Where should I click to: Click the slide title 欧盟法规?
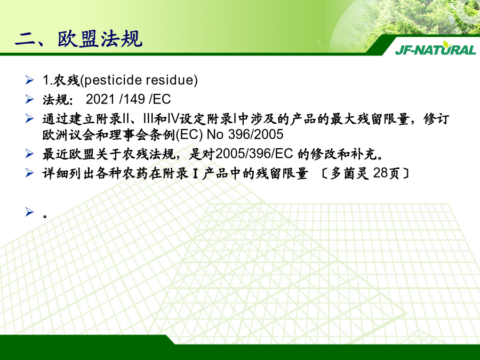click(100, 39)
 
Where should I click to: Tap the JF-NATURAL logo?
click(435, 49)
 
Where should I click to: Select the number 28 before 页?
click(381, 173)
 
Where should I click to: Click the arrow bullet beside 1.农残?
click(29, 80)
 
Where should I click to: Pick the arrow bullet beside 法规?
click(29, 99)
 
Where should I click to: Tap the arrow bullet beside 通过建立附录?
click(29, 118)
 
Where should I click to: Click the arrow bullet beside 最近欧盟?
click(29, 154)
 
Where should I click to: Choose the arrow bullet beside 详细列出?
click(29, 173)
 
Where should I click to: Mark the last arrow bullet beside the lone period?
click(29, 212)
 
